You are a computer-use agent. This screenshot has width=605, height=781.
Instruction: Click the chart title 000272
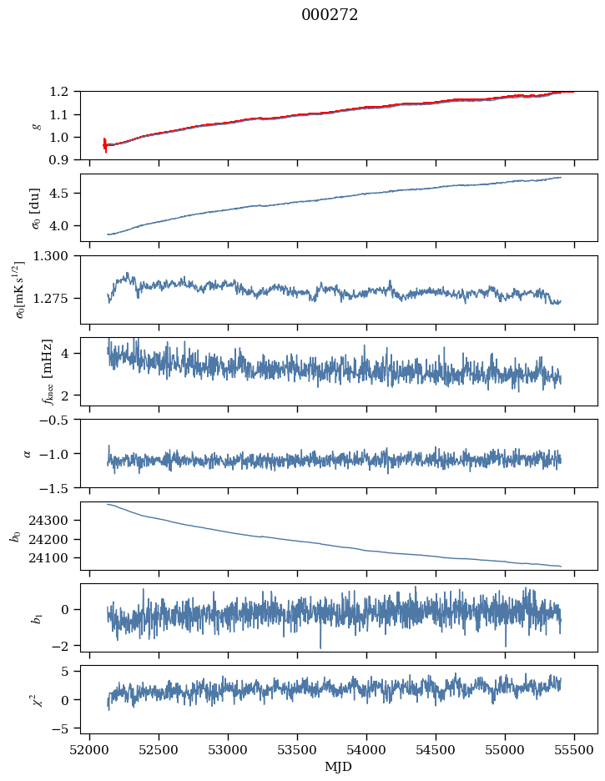tap(330, 15)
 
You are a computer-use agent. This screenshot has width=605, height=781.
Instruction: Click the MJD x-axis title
tap(338, 767)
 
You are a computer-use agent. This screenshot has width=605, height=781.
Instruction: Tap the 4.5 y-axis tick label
tap(64, 194)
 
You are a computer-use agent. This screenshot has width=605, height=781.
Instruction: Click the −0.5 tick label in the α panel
tap(58, 420)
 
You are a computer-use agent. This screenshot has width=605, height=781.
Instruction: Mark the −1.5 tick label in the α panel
tap(58, 487)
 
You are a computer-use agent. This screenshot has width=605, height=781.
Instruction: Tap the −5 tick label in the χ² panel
tap(64, 728)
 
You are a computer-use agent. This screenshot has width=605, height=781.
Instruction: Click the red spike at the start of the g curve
tap(105, 145)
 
